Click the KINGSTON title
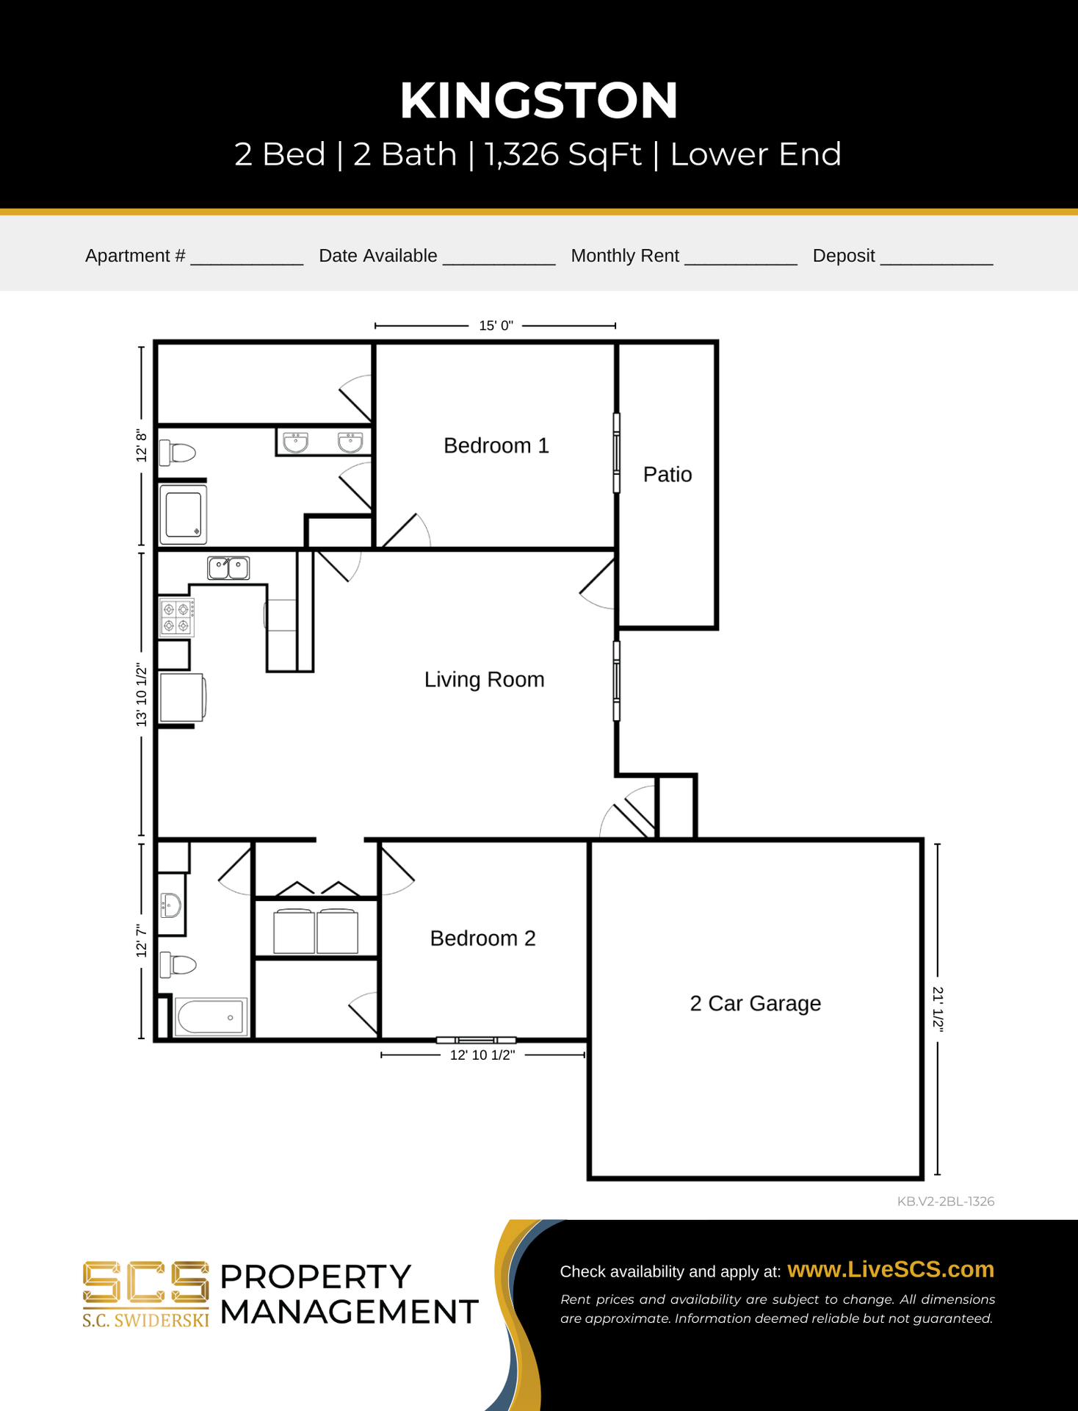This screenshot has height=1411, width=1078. pos(538,100)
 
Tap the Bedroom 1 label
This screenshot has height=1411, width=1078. pos(496,445)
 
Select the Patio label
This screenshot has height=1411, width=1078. pos(668,474)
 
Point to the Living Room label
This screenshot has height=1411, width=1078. pos(485,679)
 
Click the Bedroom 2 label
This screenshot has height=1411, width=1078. pos(482,938)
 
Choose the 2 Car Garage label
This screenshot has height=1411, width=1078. pos(756,1003)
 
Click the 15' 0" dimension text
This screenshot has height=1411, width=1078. pos(496,326)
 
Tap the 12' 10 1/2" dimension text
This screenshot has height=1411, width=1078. pos(482,1055)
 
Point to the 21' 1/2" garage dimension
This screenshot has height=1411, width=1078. pos(938,1009)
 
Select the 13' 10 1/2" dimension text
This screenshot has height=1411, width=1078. pos(142,695)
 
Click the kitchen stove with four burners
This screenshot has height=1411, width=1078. pos(177,617)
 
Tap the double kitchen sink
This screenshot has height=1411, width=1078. pos(228,568)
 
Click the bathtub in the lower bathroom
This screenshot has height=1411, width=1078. pos(211,1017)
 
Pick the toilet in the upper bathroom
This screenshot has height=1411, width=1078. pos(177,453)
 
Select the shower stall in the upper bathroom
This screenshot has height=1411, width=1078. pos(183,514)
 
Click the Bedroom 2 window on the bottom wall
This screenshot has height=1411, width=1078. pos(476,1040)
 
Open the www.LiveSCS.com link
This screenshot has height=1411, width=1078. pos(891,1270)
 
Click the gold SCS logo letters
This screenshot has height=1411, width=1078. pos(145,1283)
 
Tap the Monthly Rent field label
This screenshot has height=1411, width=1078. pos(625,256)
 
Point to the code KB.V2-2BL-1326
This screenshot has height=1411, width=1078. pos(946,1202)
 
